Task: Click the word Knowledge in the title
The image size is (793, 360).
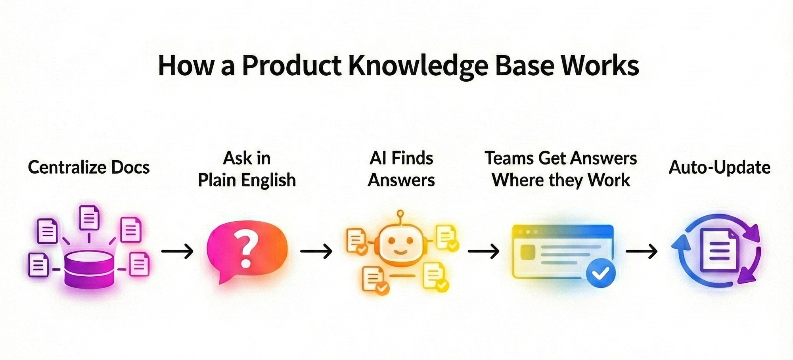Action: (418, 66)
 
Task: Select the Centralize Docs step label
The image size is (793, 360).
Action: (89, 167)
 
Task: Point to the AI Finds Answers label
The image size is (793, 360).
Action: (401, 169)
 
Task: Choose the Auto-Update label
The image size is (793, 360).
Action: (719, 167)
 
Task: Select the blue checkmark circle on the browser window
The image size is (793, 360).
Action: (601, 272)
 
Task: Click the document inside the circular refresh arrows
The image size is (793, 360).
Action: (719, 251)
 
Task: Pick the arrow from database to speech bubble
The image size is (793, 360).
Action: (177, 251)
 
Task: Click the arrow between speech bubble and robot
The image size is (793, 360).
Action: (316, 251)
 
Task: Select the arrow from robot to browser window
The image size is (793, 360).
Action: (483, 251)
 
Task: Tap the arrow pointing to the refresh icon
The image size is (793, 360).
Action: (642, 251)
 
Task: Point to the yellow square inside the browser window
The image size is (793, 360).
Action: (526, 251)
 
